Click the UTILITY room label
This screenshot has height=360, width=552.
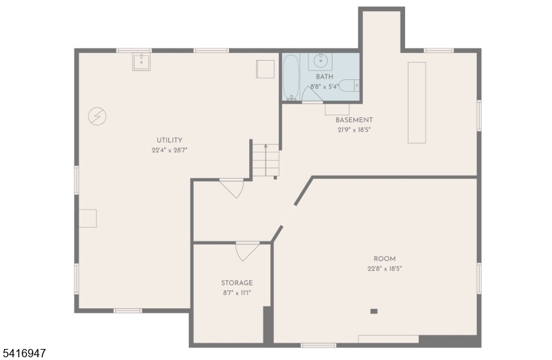169,140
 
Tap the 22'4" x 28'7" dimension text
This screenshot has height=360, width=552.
169,150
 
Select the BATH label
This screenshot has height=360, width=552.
324,77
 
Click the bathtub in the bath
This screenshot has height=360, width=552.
291,77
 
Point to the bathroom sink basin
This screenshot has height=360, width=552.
320,60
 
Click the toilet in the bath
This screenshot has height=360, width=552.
348,86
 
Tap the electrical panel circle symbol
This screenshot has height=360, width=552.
97,116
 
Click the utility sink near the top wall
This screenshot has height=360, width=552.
141,62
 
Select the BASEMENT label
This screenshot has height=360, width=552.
354,120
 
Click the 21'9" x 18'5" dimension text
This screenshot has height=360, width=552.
354,130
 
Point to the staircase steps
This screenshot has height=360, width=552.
266,160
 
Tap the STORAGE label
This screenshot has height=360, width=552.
237,283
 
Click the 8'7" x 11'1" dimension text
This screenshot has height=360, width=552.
237,293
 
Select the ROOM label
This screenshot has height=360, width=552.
384,259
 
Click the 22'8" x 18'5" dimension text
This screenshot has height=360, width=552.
385,269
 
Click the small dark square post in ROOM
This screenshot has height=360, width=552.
374,311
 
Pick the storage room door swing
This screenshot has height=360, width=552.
246,252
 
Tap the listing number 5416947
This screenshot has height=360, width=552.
23,352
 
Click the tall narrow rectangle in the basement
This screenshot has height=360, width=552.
417,103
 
